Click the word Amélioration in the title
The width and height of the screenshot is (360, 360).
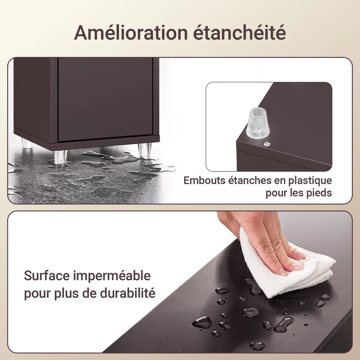coord(131,32)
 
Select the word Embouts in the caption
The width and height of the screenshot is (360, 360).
coord(205,180)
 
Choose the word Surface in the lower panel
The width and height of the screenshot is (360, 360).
coord(47,275)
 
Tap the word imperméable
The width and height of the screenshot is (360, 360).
coord(112,276)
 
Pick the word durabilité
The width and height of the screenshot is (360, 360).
coord(128,293)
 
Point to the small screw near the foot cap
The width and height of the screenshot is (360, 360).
coord(266,144)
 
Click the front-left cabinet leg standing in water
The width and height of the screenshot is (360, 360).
coord(60,157)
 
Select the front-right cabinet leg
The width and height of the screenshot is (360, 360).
coord(145,150)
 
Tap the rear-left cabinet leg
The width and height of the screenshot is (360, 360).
coord(27,143)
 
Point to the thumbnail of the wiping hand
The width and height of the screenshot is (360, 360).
coord(282,272)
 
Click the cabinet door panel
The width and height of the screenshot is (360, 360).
coord(105,99)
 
